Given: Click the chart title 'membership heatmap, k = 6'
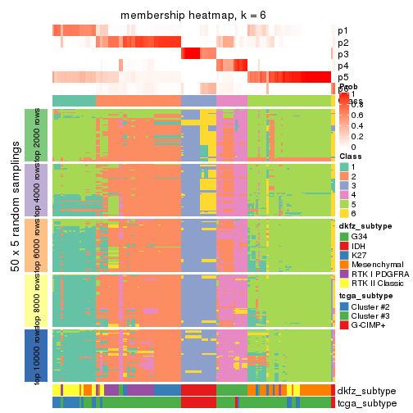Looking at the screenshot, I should [x=193, y=16].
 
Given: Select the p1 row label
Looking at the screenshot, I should [x=343, y=31].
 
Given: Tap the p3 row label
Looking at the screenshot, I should [x=343, y=54].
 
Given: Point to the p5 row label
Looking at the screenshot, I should [x=343, y=77].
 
